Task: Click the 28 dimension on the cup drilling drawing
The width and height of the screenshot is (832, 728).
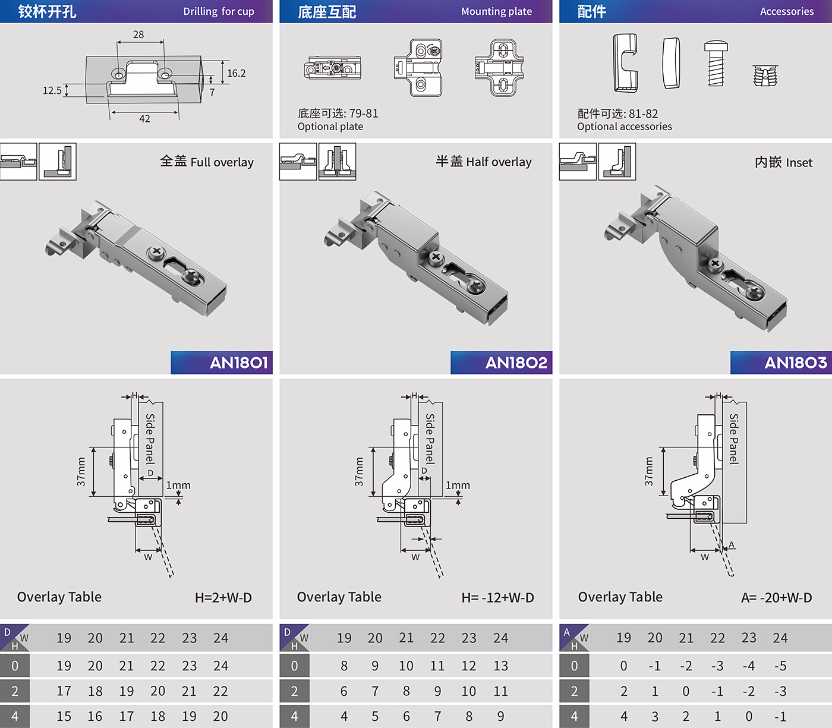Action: (138, 34)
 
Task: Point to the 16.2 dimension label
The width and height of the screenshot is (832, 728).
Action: (237, 73)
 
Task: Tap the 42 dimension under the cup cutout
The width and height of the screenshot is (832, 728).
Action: (145, 119)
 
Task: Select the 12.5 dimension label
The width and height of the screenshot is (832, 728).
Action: (52, 90)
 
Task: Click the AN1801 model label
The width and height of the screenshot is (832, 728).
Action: (239, 363)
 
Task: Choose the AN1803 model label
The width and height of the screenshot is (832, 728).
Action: (795, 363)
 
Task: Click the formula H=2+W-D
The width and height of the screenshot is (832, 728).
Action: (223, 597)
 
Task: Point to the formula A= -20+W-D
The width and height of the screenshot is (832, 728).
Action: (776, 597)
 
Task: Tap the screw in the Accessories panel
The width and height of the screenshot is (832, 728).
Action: (716, 63)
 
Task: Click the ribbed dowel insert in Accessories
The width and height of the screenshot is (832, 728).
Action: (765, 75)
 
